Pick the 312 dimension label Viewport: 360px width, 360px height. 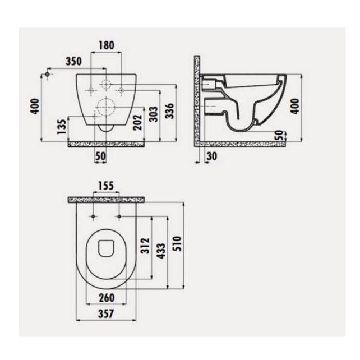click(145, 246)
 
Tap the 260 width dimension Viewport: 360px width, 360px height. click(107, 298)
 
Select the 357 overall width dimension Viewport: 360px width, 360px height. click(107, 315)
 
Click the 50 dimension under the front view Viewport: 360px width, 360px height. click(101, 157)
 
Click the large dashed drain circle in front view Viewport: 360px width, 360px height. click(104, 107)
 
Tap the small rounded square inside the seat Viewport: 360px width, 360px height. click(105, 247)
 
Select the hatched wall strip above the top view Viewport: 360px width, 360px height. click(107, 199)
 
